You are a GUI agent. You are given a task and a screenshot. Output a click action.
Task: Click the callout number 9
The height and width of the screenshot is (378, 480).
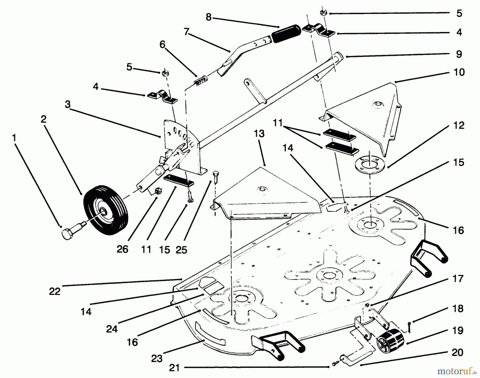(x=459, y=54)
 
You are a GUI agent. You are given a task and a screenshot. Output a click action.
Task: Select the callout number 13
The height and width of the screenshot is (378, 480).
(x=259, y=134)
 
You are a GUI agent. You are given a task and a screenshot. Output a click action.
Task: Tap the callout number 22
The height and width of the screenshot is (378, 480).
(x=55, y=291)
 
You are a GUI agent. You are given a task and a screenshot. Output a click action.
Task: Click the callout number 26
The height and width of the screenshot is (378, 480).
(x=122, y=249)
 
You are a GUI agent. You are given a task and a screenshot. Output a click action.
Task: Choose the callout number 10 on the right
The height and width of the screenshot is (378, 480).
(x=459, y=72)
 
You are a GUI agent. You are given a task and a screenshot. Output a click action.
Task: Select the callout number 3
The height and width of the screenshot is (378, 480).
(x=68, y=104)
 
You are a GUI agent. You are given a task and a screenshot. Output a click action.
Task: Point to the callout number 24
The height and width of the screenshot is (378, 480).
(x=112, y=329)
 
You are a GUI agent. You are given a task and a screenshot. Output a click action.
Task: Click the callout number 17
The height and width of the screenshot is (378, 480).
(x=458, y=279)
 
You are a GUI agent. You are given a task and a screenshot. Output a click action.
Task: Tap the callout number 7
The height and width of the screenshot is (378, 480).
(x=186, y=32)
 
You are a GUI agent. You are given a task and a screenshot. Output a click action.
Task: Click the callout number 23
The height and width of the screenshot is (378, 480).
(x=157, y=359)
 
